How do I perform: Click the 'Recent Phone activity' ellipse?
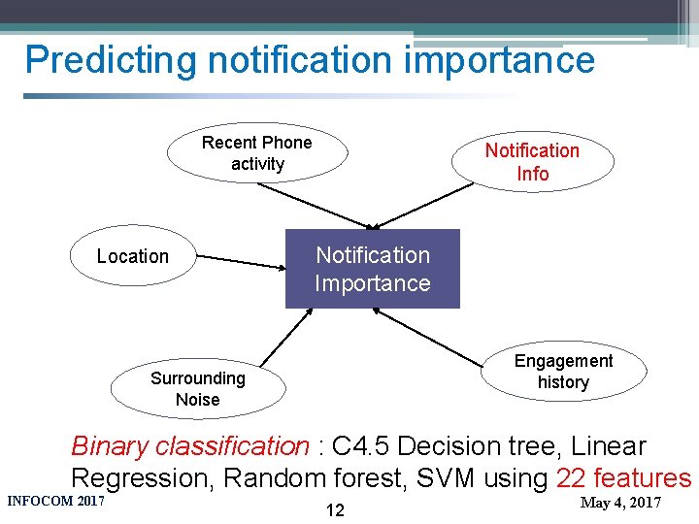pos(256,153)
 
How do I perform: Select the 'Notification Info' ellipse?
pos(532,162)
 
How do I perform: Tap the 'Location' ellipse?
pos(133,257)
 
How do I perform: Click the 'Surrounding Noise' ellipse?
pos(198,388)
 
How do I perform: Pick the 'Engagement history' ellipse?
pos(563,372)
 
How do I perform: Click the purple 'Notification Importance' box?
pos(372,269)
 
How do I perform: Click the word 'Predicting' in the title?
pos(111,60)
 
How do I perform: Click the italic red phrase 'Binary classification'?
pos(189,446)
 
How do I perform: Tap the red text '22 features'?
pos(623,478)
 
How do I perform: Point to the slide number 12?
pos(334,510)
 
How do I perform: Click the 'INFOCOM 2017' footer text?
pos(55,502)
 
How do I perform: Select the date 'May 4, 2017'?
pos(619,503)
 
